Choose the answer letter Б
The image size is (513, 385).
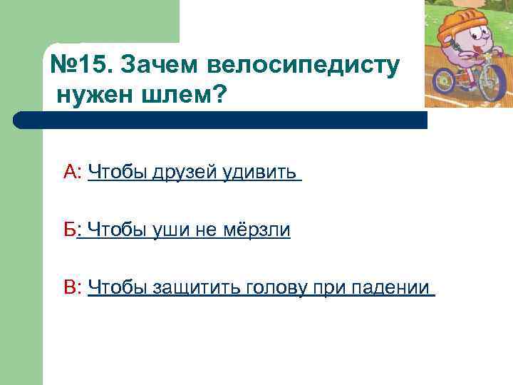point(70,230)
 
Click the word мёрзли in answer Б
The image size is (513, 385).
point(256,230)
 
